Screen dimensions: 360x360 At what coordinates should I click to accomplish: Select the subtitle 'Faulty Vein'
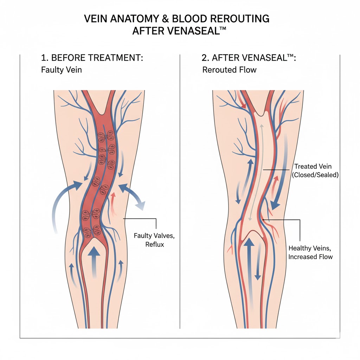61,70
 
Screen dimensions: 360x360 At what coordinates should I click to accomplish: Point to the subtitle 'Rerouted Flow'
229,70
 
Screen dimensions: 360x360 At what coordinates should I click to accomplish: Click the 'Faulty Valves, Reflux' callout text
149,239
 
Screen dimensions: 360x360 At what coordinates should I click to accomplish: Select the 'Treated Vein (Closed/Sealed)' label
315,171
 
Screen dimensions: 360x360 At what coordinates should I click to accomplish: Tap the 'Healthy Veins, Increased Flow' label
310,252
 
